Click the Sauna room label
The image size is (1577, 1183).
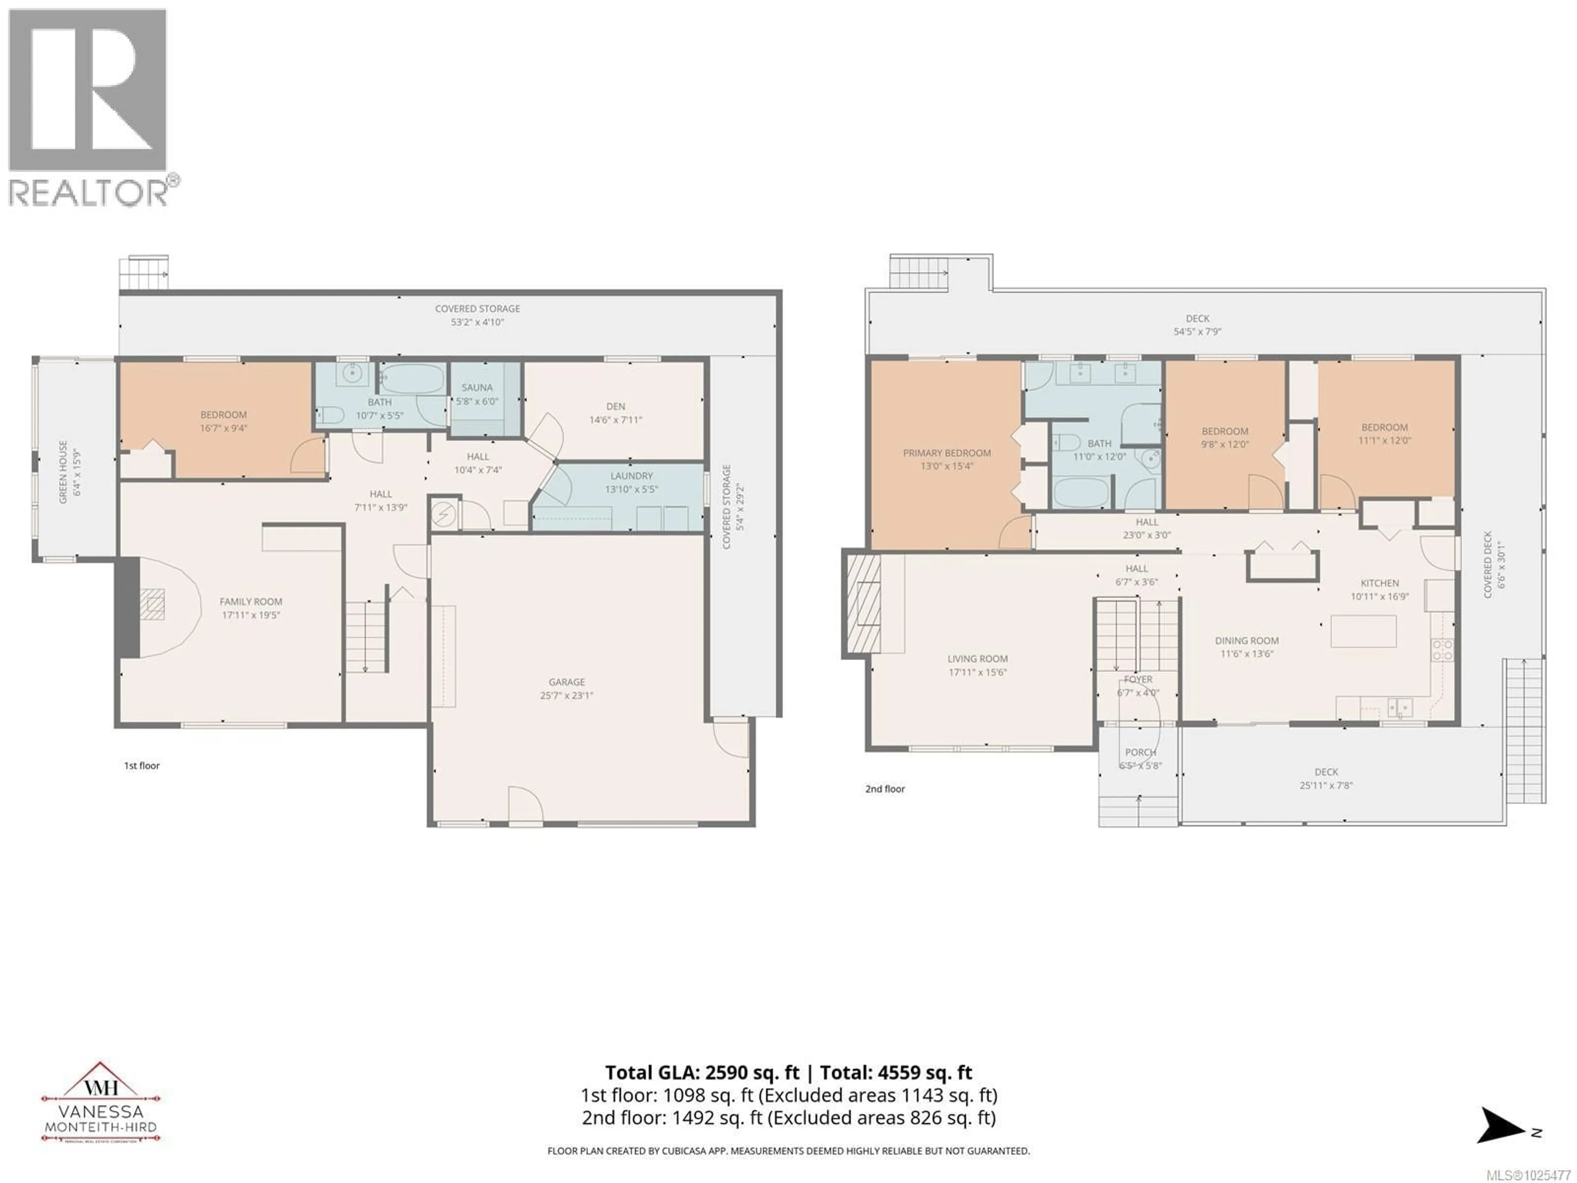click(477, 388)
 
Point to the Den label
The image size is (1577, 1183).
click(615, 407)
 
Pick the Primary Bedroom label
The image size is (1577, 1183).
click(947, 453)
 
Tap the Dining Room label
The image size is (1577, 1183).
click(1247, 640)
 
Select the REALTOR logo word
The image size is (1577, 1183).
click(89, 193)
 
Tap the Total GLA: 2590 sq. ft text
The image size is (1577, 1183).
click(704, 1073)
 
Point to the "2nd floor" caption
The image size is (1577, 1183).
click(885, 789)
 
